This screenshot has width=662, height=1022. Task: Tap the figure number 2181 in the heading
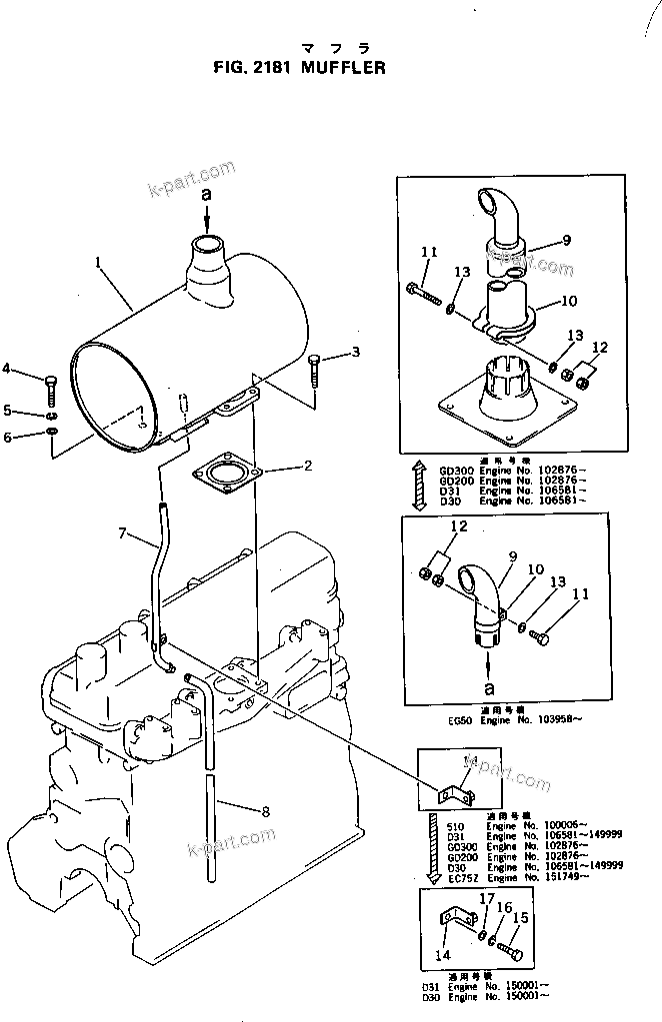pos(264,69)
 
